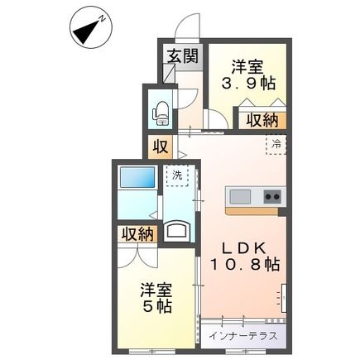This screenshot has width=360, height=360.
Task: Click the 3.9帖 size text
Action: click(x=248, y=83)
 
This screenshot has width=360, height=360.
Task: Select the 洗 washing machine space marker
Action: click(x=176, y=175)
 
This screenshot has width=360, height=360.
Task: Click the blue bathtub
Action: click(x=137, y=178)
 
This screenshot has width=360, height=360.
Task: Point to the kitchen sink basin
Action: click(x=240, y=197)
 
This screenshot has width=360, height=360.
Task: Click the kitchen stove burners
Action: click(x=271, y=197)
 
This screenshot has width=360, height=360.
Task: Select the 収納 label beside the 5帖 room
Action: click(x=137, y=234)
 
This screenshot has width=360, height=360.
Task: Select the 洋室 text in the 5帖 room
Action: click(x=156, y=290)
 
